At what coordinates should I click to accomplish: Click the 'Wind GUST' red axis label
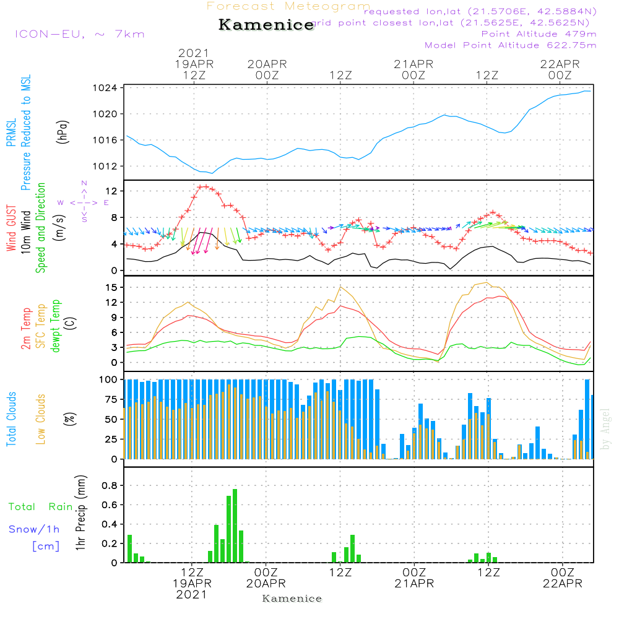pos(11,228)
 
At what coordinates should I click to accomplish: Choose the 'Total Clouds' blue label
pos(11,419)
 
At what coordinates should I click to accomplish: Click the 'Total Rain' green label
pos(41,507)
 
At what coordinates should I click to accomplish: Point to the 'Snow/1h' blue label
pos(35,529)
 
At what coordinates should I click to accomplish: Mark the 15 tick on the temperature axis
pos(111,287)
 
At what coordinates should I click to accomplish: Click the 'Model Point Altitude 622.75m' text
pos(511,45)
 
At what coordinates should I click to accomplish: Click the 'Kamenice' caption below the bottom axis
pos(292,599)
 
